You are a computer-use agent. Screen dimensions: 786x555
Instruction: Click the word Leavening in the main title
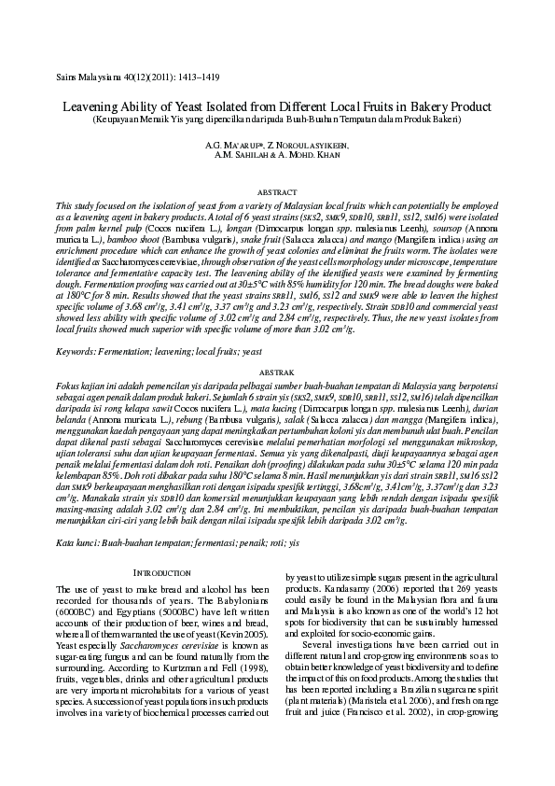[97, 107]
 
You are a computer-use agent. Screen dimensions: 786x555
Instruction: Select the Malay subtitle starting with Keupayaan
[276, 119]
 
